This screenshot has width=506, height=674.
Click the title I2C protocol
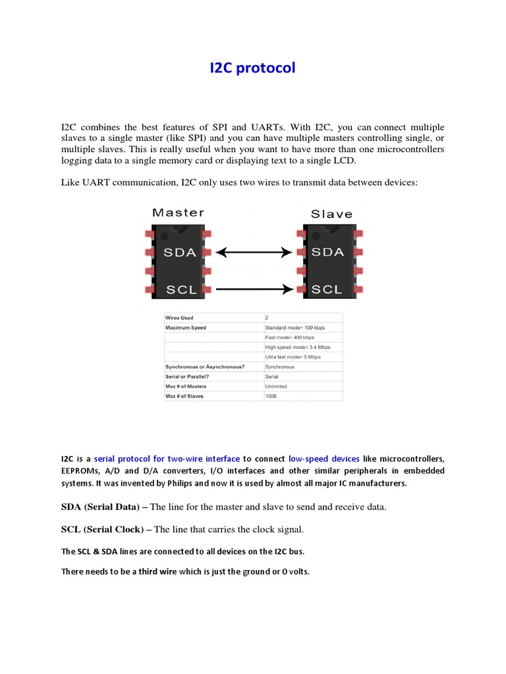[x=252, y=68]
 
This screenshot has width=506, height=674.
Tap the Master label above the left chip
[x=178, y=213]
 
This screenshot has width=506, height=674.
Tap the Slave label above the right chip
[x=331, y=213]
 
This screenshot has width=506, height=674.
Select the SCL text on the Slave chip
[x=327, y=289]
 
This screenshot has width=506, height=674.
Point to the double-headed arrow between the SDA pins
[x=254, y=252]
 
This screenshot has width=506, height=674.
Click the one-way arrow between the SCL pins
[x=254, y=288]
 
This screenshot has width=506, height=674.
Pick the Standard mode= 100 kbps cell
[x=295, y=327]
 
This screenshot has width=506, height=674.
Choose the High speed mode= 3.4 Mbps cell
[x=297, y=347]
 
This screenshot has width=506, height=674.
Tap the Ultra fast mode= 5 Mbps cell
[x=293, y=357]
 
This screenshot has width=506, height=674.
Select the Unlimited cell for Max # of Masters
[x=276, y=386]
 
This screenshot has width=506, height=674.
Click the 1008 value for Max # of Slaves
[x=271, y=396]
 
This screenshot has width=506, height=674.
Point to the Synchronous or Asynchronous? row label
[x=204, y=367]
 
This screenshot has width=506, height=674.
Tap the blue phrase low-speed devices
[x=324, y=459]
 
